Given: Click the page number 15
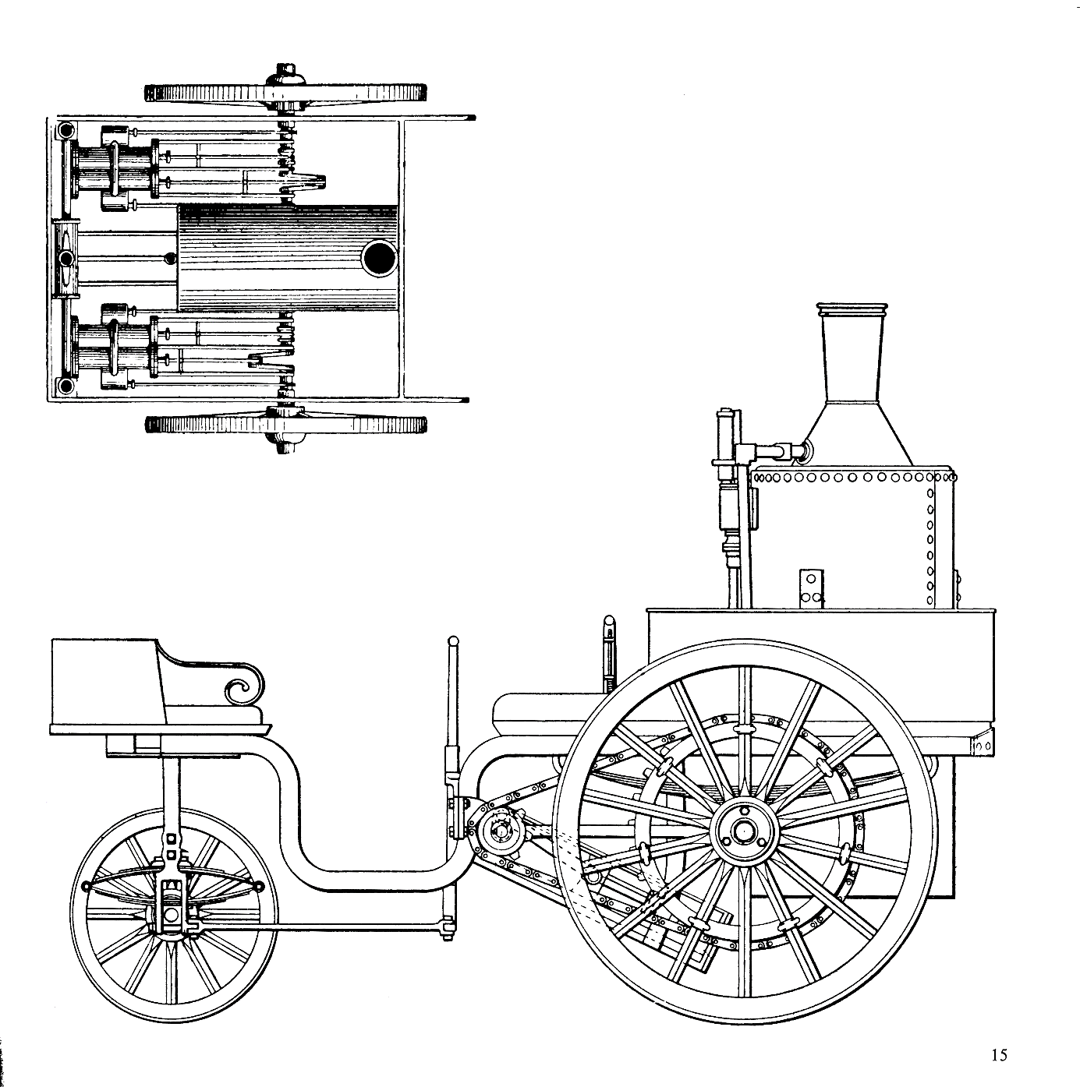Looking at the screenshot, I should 999,1055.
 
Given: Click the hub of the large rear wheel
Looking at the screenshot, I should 743,831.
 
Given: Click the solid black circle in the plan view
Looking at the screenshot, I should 381,258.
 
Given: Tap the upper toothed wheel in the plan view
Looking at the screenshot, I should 285,93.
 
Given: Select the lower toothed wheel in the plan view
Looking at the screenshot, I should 285,425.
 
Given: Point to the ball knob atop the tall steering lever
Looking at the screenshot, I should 451,641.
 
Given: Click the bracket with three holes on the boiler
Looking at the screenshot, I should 810,587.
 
